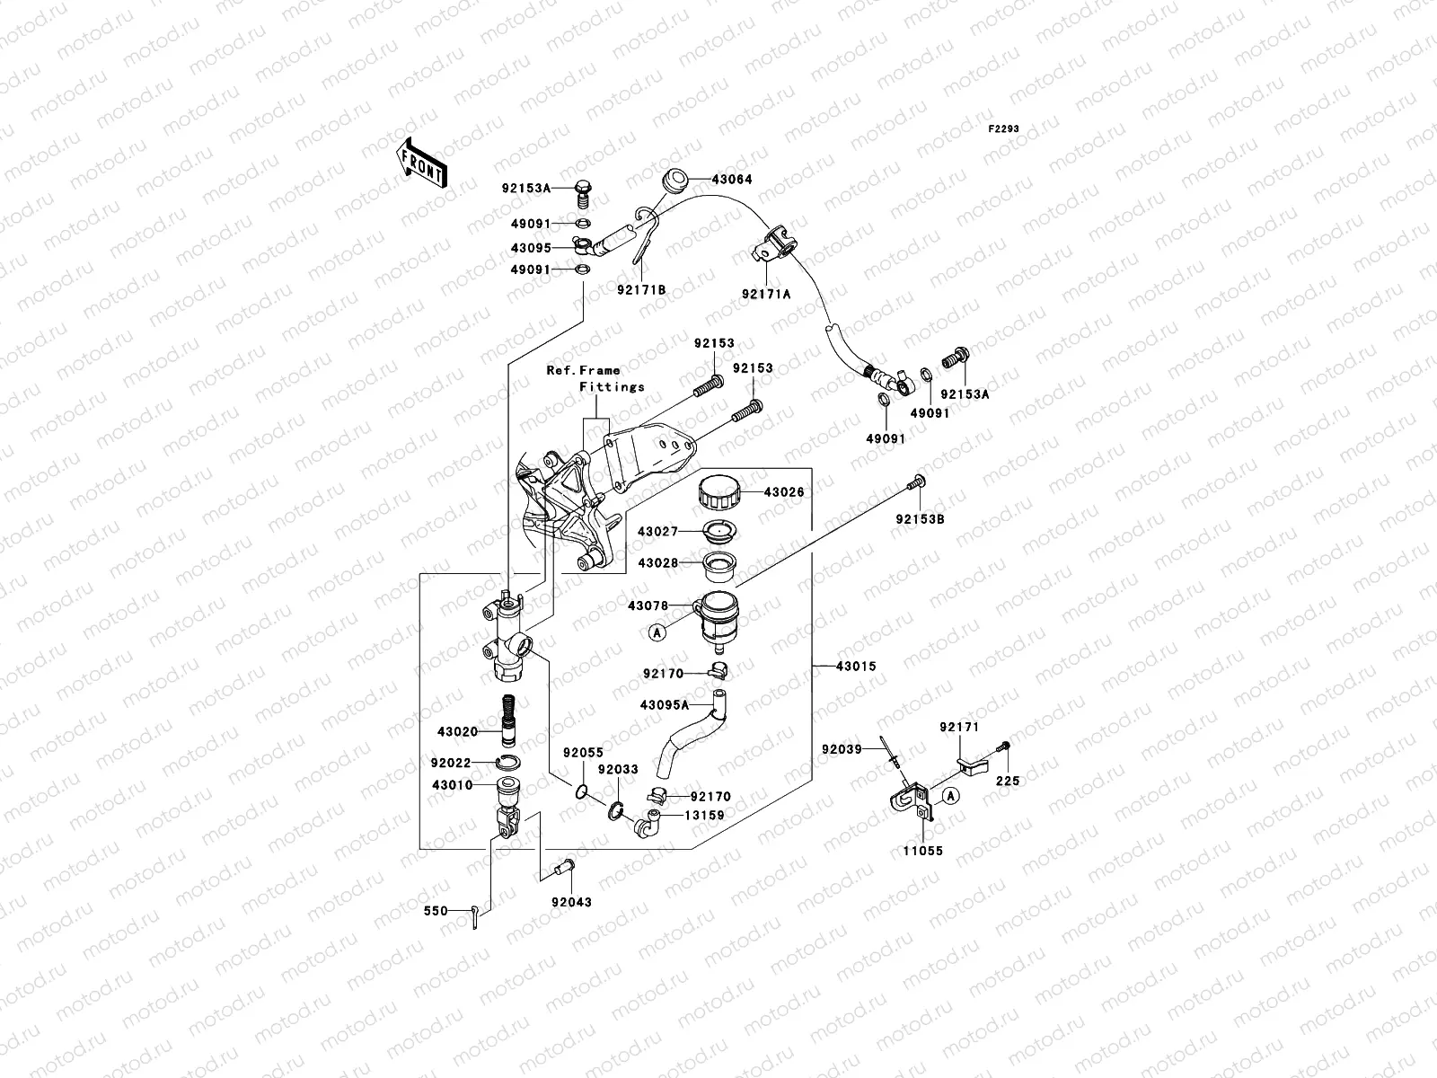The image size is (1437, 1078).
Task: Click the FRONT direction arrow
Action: pyautogui.click(x=421, y=163)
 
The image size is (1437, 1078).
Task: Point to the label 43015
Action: pyautogui.click(x=855, y=667)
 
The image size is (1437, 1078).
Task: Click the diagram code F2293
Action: pyautogui.click(x=1004, y=129)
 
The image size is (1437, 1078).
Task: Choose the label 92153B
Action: pyautogui.click(x=919, y=519)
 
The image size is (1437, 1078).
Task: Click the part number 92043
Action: pyautogui.click(x=572, y=902)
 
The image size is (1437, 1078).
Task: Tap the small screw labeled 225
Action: pyautogui.click(x=1005, y=746)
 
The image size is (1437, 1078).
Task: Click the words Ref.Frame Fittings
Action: pyautogui.click(x=595, y=378)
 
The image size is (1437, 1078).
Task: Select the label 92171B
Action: pyautogui.click(x=641, y=289)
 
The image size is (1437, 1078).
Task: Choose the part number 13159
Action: pyautogui.click(x=704, y=816)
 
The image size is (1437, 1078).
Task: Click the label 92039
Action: pyautogui.click(x=842, y=748)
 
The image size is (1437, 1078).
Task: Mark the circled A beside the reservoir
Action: pyautogui.click(x=657, y=632)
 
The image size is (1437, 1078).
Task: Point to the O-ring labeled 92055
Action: pyautogui.click(x=581, y=792)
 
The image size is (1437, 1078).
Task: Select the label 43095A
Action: pyautogui.click(x=665, y=705)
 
